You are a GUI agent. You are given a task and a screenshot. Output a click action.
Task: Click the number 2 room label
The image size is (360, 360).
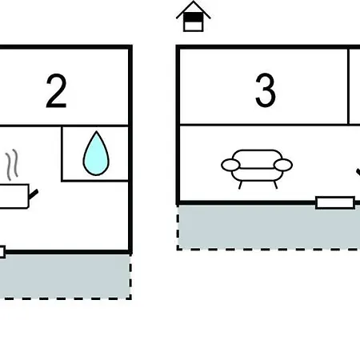[x=56, y=90]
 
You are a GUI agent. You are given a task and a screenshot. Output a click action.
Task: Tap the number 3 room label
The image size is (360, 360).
[x=266, y=90]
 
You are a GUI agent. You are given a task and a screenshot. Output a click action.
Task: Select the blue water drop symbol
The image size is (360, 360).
[x=96, y=154]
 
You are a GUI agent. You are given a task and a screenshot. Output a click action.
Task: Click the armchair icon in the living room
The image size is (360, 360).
[x=257, y=169]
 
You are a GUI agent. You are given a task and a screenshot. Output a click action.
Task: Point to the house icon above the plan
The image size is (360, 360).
[x=194, y=17]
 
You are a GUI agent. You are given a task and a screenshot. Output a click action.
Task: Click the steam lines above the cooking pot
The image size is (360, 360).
[x=12, y=165]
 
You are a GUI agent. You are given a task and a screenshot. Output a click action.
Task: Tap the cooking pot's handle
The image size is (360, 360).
[x=34, y=194]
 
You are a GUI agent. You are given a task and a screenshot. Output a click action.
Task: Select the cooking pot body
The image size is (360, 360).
[x=14, y=196]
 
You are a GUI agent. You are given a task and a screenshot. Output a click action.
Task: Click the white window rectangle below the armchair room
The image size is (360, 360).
[x=335, y=202]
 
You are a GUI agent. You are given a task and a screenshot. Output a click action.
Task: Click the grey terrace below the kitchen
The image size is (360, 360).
[x=66, y=277]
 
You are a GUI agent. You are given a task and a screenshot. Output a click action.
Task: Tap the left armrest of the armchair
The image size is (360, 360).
[x=230, y=165]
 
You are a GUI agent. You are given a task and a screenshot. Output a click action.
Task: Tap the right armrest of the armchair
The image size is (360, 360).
[x=283, y=165]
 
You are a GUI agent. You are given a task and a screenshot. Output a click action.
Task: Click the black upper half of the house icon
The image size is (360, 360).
[x=194, y=17]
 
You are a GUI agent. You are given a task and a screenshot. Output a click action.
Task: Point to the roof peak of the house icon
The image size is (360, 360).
[x=194, y=2]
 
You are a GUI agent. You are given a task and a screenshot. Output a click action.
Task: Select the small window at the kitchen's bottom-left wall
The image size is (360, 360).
[x=2, y=252]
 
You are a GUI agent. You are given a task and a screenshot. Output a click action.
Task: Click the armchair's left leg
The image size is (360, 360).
[x=240, y=185]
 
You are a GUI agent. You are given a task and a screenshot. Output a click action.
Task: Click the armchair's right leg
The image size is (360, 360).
[x=275, y=185]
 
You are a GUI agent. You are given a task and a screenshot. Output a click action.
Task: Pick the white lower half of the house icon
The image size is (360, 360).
[x=194, y=26]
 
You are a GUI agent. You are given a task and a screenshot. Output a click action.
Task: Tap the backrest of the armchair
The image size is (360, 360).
[x=257, y=158]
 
